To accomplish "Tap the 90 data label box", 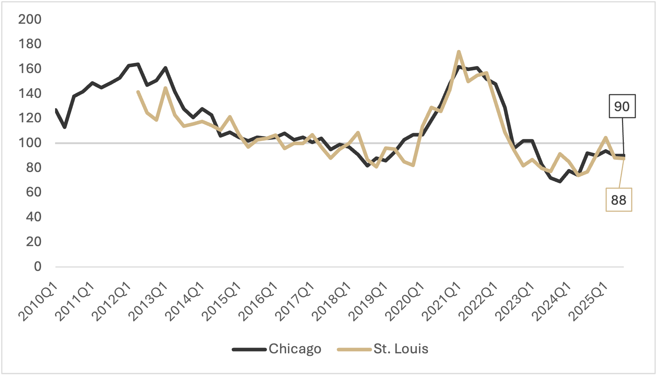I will (x=622, y=107).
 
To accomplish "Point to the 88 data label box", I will (x=618, y=200).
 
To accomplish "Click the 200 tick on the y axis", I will (x=30, y=19).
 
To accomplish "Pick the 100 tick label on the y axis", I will (x=30, y=143).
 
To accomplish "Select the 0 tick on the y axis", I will (x=37, y=267).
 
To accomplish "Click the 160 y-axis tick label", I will (x=30, y=69).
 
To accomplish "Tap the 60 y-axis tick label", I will (x=33, y=192).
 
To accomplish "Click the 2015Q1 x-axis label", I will (x=222, y=302).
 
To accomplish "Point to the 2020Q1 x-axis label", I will (x=405, y=302).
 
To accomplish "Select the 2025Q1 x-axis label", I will (x=589, y=302).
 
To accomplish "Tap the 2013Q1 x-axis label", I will (x=148, y=302).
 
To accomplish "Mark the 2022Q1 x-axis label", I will (x=479, y=302).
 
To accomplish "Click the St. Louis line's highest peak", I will (x=459, y=52).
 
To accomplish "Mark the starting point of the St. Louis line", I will (x=138, y=92).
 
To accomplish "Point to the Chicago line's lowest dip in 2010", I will (x=65, y=127).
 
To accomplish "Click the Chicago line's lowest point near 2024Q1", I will (x=560, y=181).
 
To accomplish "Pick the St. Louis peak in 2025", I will (x=606, y=137).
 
